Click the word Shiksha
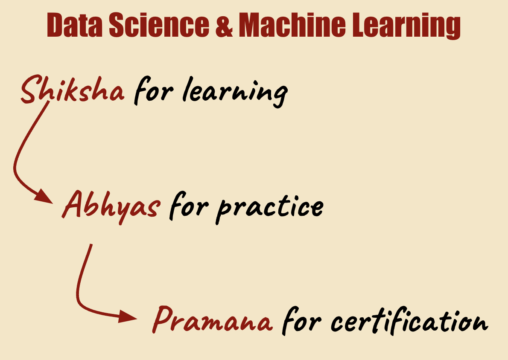(x=72, y=89)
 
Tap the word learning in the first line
(x=235, y=92)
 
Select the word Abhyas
(x=111, y=207)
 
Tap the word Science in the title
(x=159, y=25)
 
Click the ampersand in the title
(x=224, y=25)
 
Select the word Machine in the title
(x=292, y=25)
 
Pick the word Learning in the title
(x=406, y=26)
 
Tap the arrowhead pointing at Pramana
(x=128, y=316)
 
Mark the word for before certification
(x=302, y=320)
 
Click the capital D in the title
(x=55, y=25)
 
